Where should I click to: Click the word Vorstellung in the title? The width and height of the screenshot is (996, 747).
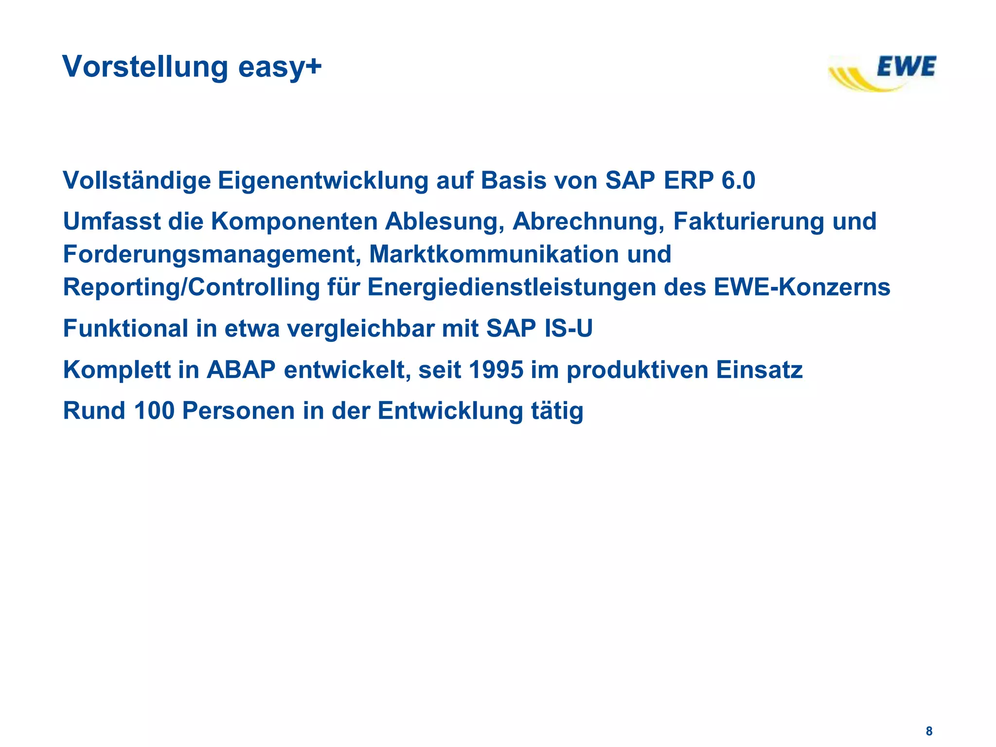(145, 67)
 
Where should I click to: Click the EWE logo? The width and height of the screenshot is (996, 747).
(883, 73)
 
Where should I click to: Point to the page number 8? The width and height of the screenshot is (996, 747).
(929, 731)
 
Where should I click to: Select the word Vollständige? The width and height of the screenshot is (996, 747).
(137, 181)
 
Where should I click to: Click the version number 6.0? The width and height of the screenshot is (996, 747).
(738, 180)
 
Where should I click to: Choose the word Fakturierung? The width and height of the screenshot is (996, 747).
(749, 221)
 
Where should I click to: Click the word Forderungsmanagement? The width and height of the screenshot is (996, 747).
(212, 255)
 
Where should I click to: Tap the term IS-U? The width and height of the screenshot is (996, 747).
(569, 328)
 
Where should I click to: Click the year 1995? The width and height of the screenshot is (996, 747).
(496, 370)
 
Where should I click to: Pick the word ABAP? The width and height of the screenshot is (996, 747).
(241, 370)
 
